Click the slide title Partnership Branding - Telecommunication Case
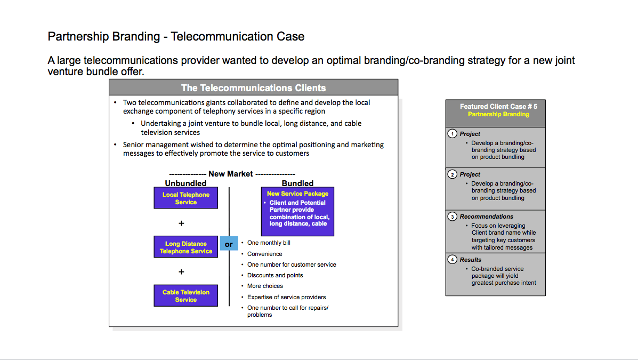coord(176,37)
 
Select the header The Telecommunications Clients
coord(254,88)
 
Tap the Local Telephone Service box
coord(185,198)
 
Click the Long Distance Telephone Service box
coord(185,247)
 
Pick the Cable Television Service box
coord(185,295)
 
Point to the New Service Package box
coord(297,211)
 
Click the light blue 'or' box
coord(229,244)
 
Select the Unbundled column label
coord(185,183)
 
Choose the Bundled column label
coord(297,183)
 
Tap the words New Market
coord(231,174)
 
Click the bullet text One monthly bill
coord(269,243)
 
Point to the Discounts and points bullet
coord(275,275)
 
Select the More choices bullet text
coord(265,286)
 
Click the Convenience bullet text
coord(264,254)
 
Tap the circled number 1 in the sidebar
coord(452,133)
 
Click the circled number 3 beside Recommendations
coord(452,216)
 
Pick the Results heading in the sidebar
coord(470,260)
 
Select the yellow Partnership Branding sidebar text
coord(498,114)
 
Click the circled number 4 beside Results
coord(452,259)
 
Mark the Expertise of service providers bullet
coord(286,297)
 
